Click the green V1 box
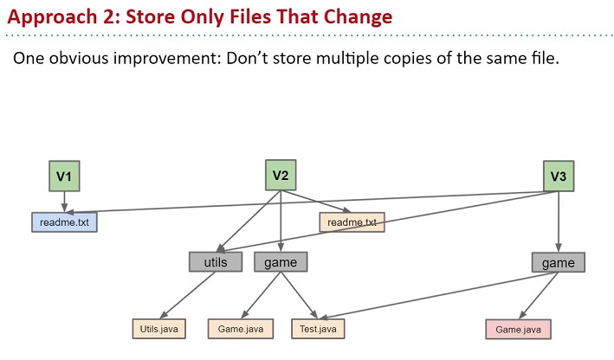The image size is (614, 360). (x=64, y=176)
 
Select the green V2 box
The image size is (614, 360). (x=281, y=175)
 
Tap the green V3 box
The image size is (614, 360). (x=559, y=176)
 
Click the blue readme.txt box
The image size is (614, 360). (x=64, y=222)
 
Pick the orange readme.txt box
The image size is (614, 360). (x=352, y=222)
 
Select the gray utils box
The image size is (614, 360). (x=216, y=262)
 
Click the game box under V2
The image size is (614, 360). (x=281, y=262)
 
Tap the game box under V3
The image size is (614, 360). (x=558, y=262)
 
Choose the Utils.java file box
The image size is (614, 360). (x=159, y=329)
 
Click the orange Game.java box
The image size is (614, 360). (x=241, y=329)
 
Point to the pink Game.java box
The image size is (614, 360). (x=518, y=330)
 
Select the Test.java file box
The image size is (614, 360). (x=318, y=329)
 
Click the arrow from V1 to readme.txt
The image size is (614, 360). (x=64, y=202)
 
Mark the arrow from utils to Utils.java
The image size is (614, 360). (x=188, y=295)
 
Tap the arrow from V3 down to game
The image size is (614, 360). (x=559, y=222)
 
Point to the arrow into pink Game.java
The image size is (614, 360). (x=539, y=296)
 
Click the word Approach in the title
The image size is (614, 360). (x=52, y=17)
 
